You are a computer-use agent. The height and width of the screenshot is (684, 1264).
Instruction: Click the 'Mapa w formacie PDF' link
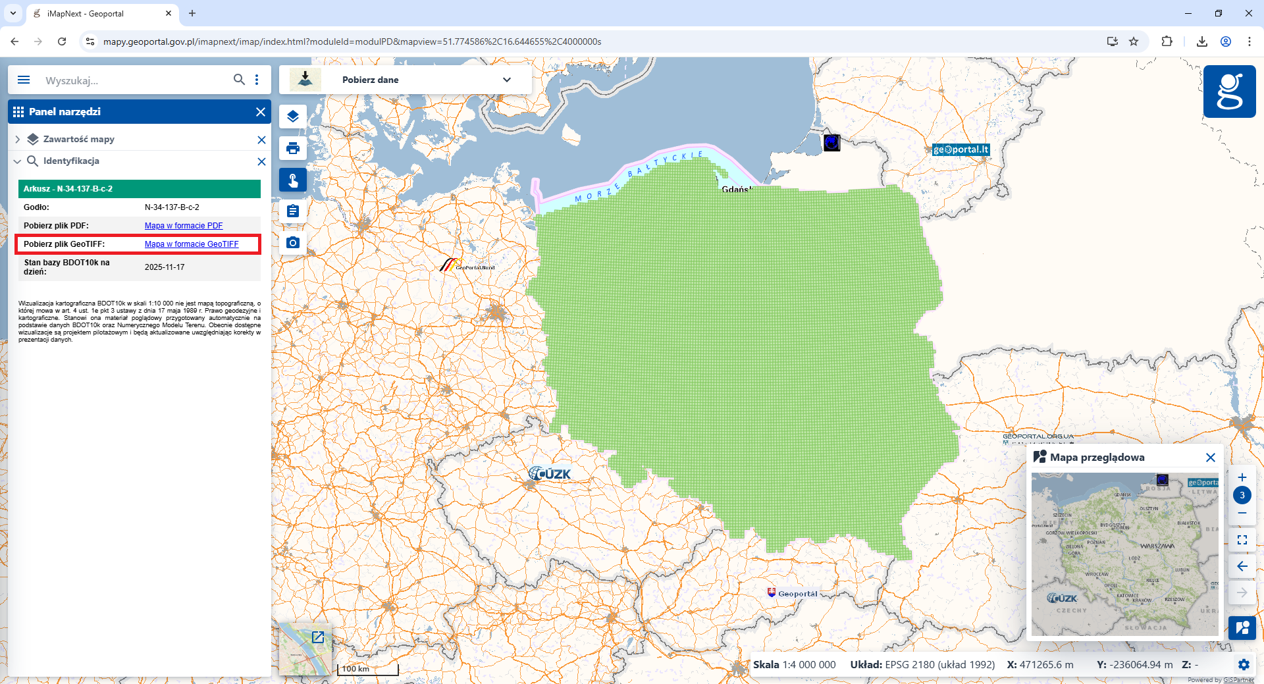[184, 226]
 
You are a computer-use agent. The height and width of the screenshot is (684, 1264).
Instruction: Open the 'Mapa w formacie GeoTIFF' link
[192, 244]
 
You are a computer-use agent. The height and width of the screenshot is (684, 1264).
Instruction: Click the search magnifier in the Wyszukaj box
[239, 80]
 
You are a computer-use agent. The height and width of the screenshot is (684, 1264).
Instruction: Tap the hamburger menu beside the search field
[24, 80]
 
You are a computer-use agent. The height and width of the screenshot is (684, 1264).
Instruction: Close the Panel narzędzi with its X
[261, 112]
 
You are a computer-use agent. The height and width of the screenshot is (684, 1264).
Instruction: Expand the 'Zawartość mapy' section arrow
[18, 140]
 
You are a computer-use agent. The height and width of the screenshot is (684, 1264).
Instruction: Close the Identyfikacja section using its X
[261, 161]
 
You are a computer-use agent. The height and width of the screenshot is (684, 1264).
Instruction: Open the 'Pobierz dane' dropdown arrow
[506, 80]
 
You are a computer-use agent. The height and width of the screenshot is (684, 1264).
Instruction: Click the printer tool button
[293, 148]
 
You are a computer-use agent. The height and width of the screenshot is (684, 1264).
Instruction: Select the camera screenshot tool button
[293, 243]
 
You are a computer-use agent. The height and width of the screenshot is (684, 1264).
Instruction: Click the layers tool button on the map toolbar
[293, 117]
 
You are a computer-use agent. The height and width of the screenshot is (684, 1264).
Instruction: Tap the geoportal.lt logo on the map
[961, 149]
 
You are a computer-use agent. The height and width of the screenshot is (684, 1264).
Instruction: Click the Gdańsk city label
[735, 190]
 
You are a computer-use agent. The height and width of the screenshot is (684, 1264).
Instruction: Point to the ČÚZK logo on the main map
[550, 474]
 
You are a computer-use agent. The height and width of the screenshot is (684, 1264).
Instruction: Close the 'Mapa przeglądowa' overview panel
[1210, 458]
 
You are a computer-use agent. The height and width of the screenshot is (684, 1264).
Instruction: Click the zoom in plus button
[1242, 477]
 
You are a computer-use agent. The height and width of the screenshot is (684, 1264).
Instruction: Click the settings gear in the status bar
[1244, 665]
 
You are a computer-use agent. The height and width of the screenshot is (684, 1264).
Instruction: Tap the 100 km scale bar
[367, 670]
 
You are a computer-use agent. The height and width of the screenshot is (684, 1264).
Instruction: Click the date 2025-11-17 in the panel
[165, 267]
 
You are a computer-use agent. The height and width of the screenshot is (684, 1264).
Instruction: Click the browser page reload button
[62, 41]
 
